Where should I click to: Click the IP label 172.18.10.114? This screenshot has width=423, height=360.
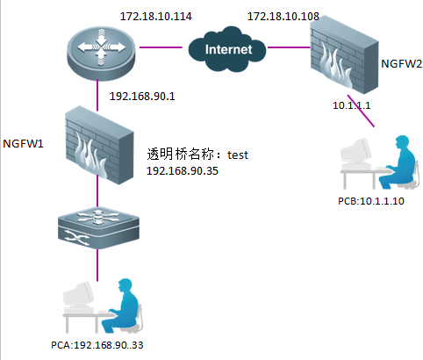156,16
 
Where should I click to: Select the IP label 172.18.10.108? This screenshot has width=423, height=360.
283,16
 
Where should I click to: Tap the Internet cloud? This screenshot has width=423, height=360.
227,49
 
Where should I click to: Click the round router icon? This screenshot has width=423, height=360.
101,53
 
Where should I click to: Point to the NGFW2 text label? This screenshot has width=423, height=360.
402,63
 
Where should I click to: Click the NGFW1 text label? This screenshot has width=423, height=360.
23,143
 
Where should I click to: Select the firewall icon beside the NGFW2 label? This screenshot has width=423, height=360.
344,54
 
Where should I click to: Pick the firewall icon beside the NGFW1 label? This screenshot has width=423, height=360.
99,145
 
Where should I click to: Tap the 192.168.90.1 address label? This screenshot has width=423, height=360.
142,97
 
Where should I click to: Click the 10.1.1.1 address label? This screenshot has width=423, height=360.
352,105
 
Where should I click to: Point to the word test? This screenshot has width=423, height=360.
238,155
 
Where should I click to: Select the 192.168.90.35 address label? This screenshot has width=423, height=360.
183,171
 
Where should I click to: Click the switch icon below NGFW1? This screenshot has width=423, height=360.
98,228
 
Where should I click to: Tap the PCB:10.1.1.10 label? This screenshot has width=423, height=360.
371,201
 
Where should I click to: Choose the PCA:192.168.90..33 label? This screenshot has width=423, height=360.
97,345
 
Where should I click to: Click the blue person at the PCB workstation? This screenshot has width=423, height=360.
399,162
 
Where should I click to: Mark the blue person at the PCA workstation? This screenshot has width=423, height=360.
122,306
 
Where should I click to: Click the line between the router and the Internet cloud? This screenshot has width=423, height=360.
161,47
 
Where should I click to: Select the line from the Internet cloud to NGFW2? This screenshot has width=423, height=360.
289,47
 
